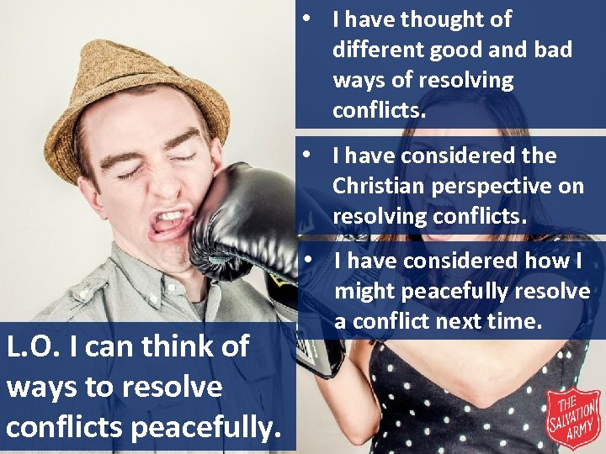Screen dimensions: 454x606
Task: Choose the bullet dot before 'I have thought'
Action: [311, 18]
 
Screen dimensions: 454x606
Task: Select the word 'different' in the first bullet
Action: [378, 50]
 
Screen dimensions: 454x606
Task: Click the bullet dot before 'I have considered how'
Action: [311, 261]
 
